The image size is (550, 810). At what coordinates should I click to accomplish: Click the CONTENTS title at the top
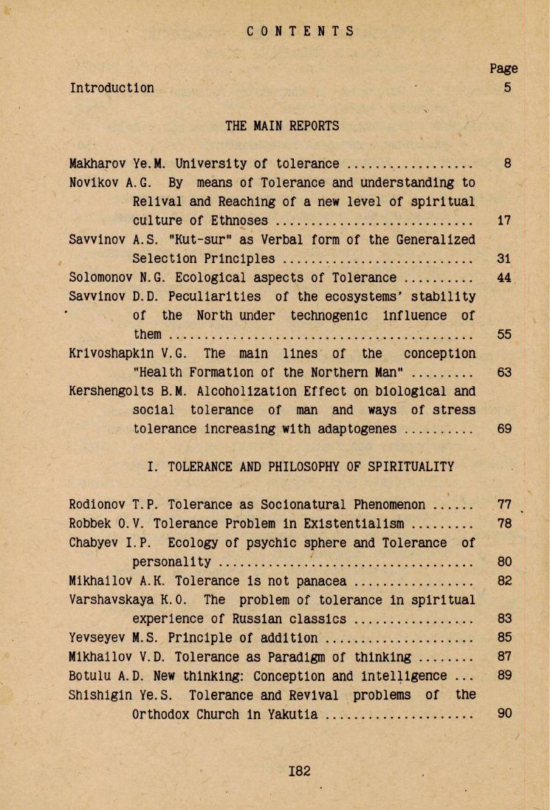click(300, 31)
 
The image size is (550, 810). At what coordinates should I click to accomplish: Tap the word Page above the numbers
click(503, 69)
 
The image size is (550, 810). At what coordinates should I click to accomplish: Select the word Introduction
click(111, 88)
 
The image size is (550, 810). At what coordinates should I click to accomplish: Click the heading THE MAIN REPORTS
click(282, 126)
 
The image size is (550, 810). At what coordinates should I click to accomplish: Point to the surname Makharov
click(94, 163)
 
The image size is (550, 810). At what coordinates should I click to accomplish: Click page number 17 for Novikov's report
click(504, 220)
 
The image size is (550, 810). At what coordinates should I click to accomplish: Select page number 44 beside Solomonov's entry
click(504, 278)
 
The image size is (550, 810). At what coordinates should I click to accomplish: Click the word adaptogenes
click(353, 429)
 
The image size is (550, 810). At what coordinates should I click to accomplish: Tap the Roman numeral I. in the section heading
click(154, 467)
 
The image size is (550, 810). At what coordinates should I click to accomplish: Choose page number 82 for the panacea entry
click(504, 581)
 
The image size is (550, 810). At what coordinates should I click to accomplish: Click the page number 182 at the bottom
click(300, 771)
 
